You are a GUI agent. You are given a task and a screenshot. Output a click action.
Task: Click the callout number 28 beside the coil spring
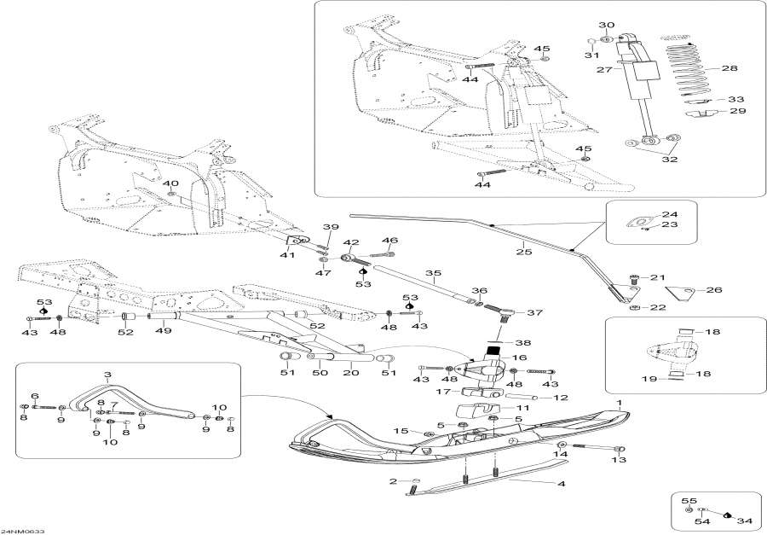(730, 68)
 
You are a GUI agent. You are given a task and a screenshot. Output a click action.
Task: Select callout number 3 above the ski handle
(107, 375)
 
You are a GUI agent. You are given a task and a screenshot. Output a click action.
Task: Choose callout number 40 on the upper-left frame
(170, 183)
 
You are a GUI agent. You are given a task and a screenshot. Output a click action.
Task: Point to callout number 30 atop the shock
(606, 25)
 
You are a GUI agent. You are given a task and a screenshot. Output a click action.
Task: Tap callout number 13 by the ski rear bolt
(619, 460)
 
